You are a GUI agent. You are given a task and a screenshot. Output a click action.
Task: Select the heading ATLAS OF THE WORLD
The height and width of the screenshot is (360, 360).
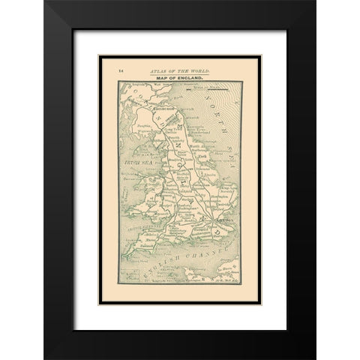point(179,70)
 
